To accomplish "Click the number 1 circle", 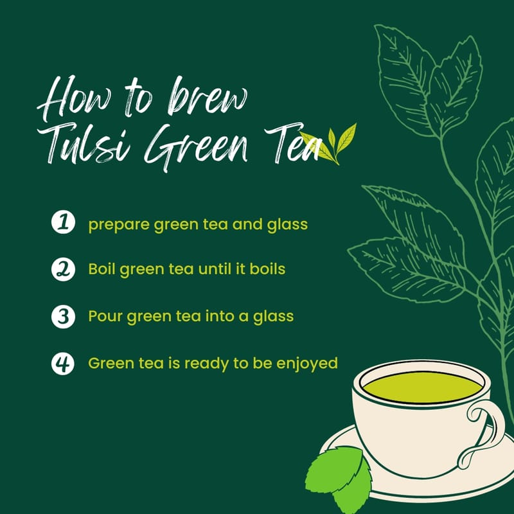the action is pyautogui.click(x=63, y=222).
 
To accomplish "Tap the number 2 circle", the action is pyautogui.click(x=63, y=269).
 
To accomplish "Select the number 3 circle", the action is pyautogui.click(x=63, y=316).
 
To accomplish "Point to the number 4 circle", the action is pyautogui.click(x=63, y=364).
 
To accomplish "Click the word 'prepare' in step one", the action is pyautogui.click(x=119, y=226).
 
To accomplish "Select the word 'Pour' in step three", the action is pyautogui.click(x=105, y=316).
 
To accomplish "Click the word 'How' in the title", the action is pyautogui.click(x=75, y=98).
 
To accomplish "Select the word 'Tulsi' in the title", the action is pyautogui.click(x=84, y=143).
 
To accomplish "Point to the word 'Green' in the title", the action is pyautogui.click(x=195, y=148).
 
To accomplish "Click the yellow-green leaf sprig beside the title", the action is pyautogui.click(x=331, y=144).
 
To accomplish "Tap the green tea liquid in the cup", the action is pyautogui.click(x=423, y=387).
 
